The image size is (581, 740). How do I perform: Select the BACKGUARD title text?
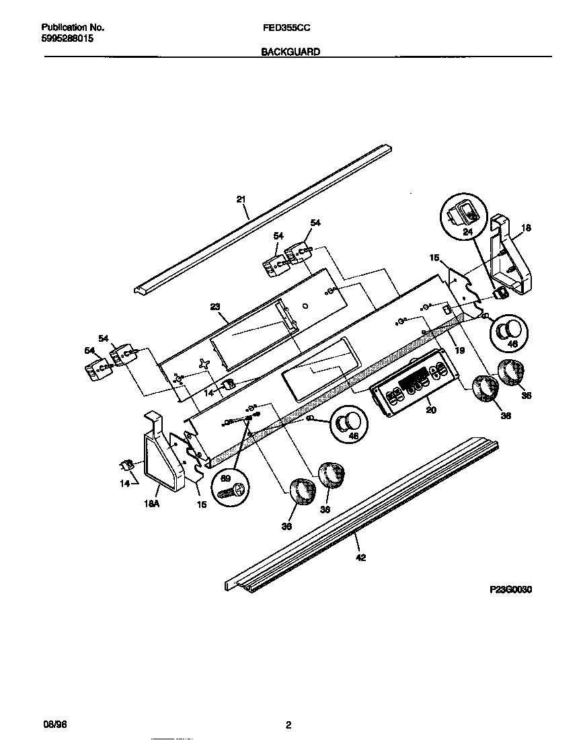(290, 51)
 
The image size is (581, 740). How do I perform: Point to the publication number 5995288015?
(67, 40)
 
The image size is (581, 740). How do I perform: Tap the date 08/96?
(53, 725)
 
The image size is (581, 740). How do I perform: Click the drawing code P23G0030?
(511, 589)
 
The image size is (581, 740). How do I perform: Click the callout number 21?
(241, 198)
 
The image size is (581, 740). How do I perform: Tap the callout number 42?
(361, 557)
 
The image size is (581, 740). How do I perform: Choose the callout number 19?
(459, 349)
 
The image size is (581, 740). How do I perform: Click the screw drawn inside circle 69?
(228, 492)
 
